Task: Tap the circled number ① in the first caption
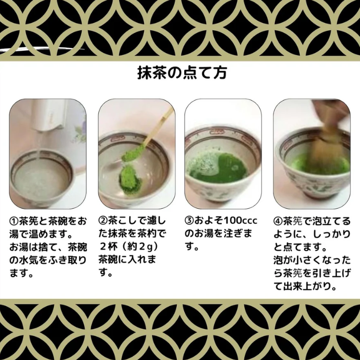(x=15, y=221)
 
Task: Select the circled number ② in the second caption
(x=103, y=221)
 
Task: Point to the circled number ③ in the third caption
(x=190, y=221)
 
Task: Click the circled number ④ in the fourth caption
(x=278, y=221)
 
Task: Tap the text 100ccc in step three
(x=240, y=221)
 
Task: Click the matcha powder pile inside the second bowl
(x=130, y=175)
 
